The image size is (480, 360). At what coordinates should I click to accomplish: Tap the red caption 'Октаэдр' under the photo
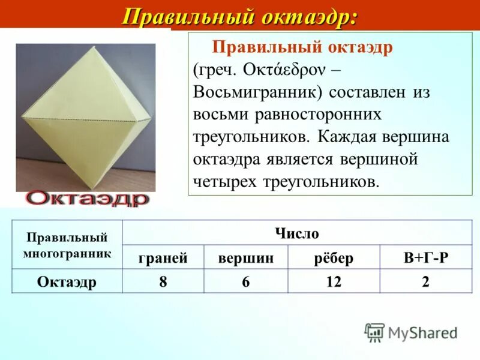pos(88,199)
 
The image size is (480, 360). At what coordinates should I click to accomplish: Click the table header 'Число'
pos(297,233)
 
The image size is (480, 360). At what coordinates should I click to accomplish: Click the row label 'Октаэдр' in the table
pos(67,282)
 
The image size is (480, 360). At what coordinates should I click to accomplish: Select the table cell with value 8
pos(163,282)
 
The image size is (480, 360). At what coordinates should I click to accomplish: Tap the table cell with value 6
pos(246,282)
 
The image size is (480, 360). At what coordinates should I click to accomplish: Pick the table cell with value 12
pos(334,282)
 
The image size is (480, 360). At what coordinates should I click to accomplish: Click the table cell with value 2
pos(426,282)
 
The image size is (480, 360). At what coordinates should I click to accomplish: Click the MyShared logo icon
pos(374,332)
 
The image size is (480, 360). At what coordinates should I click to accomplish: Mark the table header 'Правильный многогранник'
pos(67,245)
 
